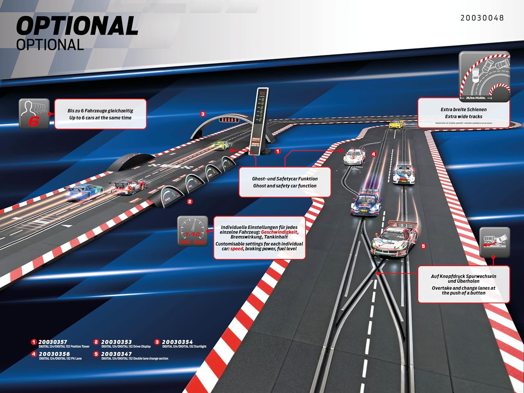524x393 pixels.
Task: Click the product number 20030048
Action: click(x=482, y=18)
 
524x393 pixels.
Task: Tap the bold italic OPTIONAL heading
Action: click(x=77, y=26)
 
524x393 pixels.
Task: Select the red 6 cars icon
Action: click(x=34, y=114)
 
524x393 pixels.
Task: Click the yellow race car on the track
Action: click(x=396, y=124)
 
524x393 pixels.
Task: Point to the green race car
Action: click(x=221, y=145)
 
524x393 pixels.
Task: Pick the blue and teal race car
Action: click(x=84, y=191)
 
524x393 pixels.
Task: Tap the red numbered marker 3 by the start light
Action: click(x=203, y=114)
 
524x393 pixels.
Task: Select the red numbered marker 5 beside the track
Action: click(x=423, y=246)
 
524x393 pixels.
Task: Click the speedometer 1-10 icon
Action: click(x=193, y=231)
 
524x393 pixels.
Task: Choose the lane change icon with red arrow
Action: click(x=494, y=242)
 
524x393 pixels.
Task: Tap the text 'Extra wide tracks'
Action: click(x=464, y=117)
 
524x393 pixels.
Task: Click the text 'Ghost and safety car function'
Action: click(x=285, y=186)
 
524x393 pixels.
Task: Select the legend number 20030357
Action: click(x=53, y=342)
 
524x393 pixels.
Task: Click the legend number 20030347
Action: click(x=116, y=354)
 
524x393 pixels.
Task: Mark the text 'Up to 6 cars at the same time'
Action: click(x=100, y=118)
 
